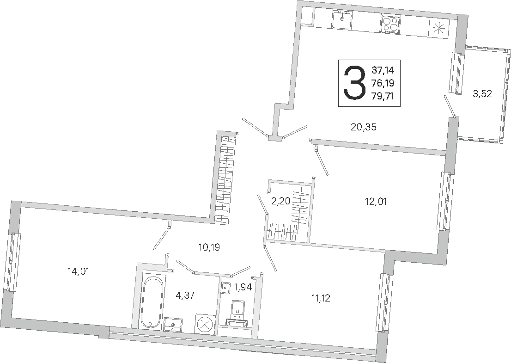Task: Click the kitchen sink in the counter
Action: point(342,19)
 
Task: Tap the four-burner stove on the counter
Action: point(390,24)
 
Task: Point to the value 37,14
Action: point(383,70)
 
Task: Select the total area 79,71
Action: point(383,96)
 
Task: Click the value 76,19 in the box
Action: point(383,83)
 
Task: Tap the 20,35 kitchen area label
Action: point(363,127)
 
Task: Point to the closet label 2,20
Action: point(280,201)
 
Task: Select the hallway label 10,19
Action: point(209,247)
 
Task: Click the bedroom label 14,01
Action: point(78,271)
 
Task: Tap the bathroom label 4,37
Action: point(185,295)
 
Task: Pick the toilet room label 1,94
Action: point(243,287)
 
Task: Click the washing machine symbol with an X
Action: point(205,324)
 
